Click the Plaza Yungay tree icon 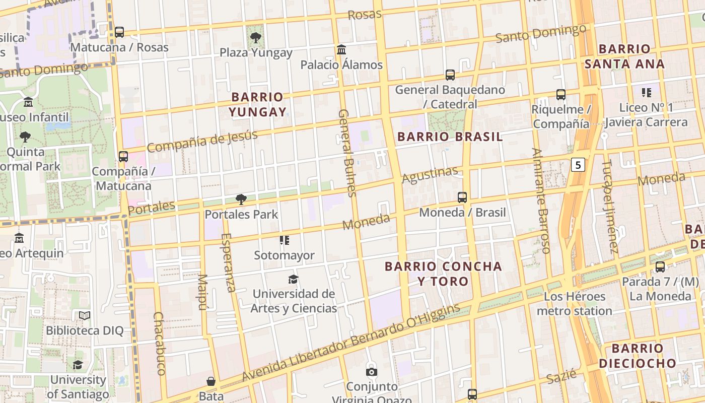(256, 37)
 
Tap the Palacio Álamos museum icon (341, 49)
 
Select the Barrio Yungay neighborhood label (257, 104)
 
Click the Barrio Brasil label (450, 137)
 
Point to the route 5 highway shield (579, 165)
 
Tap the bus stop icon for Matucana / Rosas (119, 32)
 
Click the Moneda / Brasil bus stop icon (462, 197)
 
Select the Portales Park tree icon (241, 199)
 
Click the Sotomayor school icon (285, 240)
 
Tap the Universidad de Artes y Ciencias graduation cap (293, 279)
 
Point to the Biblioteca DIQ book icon (85, 316)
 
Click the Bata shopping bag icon (211, 381)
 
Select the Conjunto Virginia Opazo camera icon (372, 372)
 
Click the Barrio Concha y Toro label (443, 274)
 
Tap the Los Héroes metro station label (574, 304)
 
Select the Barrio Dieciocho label (637, 356)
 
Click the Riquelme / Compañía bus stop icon (560, 95)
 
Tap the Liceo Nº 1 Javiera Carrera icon (647, 93)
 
